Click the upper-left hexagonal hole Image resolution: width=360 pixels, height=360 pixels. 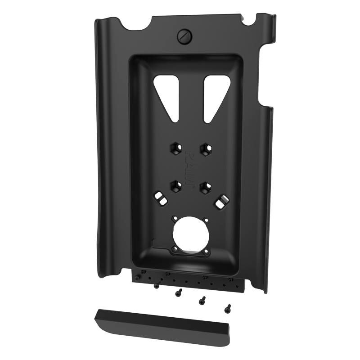click(x=174, y=148)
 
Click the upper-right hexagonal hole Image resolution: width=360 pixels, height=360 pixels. click(x=205, y=148)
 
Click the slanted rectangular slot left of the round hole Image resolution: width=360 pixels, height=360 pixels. click(x=160, y=197)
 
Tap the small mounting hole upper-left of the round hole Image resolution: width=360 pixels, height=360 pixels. click(x=173, y=220)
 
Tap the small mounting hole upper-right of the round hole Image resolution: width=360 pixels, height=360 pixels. click(x=205, y=220)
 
